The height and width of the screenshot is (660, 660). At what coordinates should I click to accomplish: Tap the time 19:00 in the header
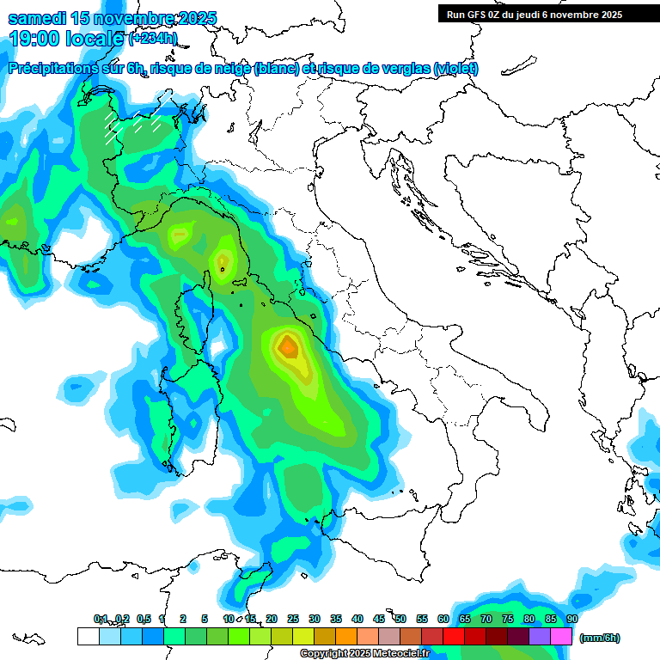pyautogui.click(x=34, y=39)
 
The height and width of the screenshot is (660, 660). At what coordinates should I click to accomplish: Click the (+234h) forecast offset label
pyautogui.click(x=153, y=39)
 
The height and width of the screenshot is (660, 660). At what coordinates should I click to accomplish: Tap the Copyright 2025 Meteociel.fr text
pyautogui.click(x=365, y=654)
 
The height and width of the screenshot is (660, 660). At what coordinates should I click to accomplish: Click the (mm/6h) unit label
pyautogui.click(x=599, y=638)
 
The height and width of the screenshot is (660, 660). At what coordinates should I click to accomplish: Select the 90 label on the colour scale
pyautogui.click(x=571, y=620)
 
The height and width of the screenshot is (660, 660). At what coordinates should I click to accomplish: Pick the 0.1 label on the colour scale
pyautogui.click(x=101, y=620)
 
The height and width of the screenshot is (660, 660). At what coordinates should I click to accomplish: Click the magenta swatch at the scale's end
pyautogui.click(x=561, y=636)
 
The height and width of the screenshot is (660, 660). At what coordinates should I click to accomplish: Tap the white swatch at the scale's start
pyautogui.click(x=88, y=636)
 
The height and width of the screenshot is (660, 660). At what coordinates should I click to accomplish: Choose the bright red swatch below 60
pyautogui.click(x=454, y=636)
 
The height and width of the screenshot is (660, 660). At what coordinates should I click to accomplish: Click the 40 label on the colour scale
pyautogui.click(x=357, y=620)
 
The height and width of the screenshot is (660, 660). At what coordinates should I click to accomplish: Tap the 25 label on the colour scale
pyautogui.click(x=293, y=620)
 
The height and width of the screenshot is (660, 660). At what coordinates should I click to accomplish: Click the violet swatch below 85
pyautogui.click(x=540, y=636)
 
